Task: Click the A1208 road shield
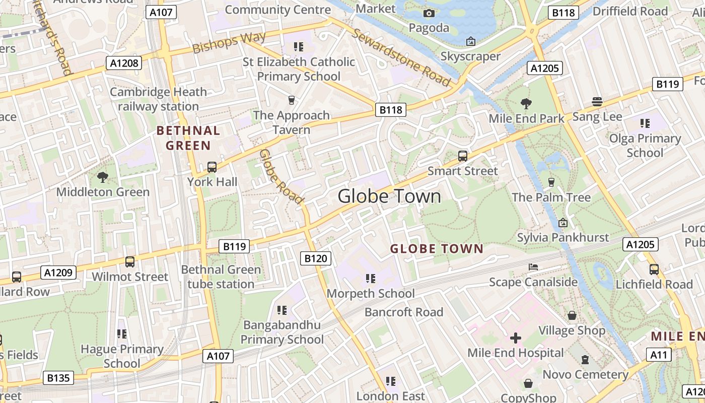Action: (124, 63)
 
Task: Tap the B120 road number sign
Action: (316, 258)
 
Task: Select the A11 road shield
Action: (659, 355)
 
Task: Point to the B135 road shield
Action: (58, 378)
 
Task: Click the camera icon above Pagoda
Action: (429, 13)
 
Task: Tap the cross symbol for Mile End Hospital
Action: (515, 338)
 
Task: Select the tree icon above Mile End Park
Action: (526, 104)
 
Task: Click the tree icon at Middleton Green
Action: (103, 177)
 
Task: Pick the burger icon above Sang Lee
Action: (597, 102)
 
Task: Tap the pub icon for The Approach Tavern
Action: (291, 100)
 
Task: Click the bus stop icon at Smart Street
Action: (463, 156)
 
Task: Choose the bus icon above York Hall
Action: (212, 167)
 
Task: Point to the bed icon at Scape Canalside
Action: (533, 266)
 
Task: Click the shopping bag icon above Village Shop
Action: (572, 315)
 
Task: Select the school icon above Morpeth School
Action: (371, 278)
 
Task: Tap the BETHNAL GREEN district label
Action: (188, 138)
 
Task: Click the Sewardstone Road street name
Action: (401, 57)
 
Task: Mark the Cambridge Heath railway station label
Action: (158, 99)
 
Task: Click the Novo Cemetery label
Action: (585, 374)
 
